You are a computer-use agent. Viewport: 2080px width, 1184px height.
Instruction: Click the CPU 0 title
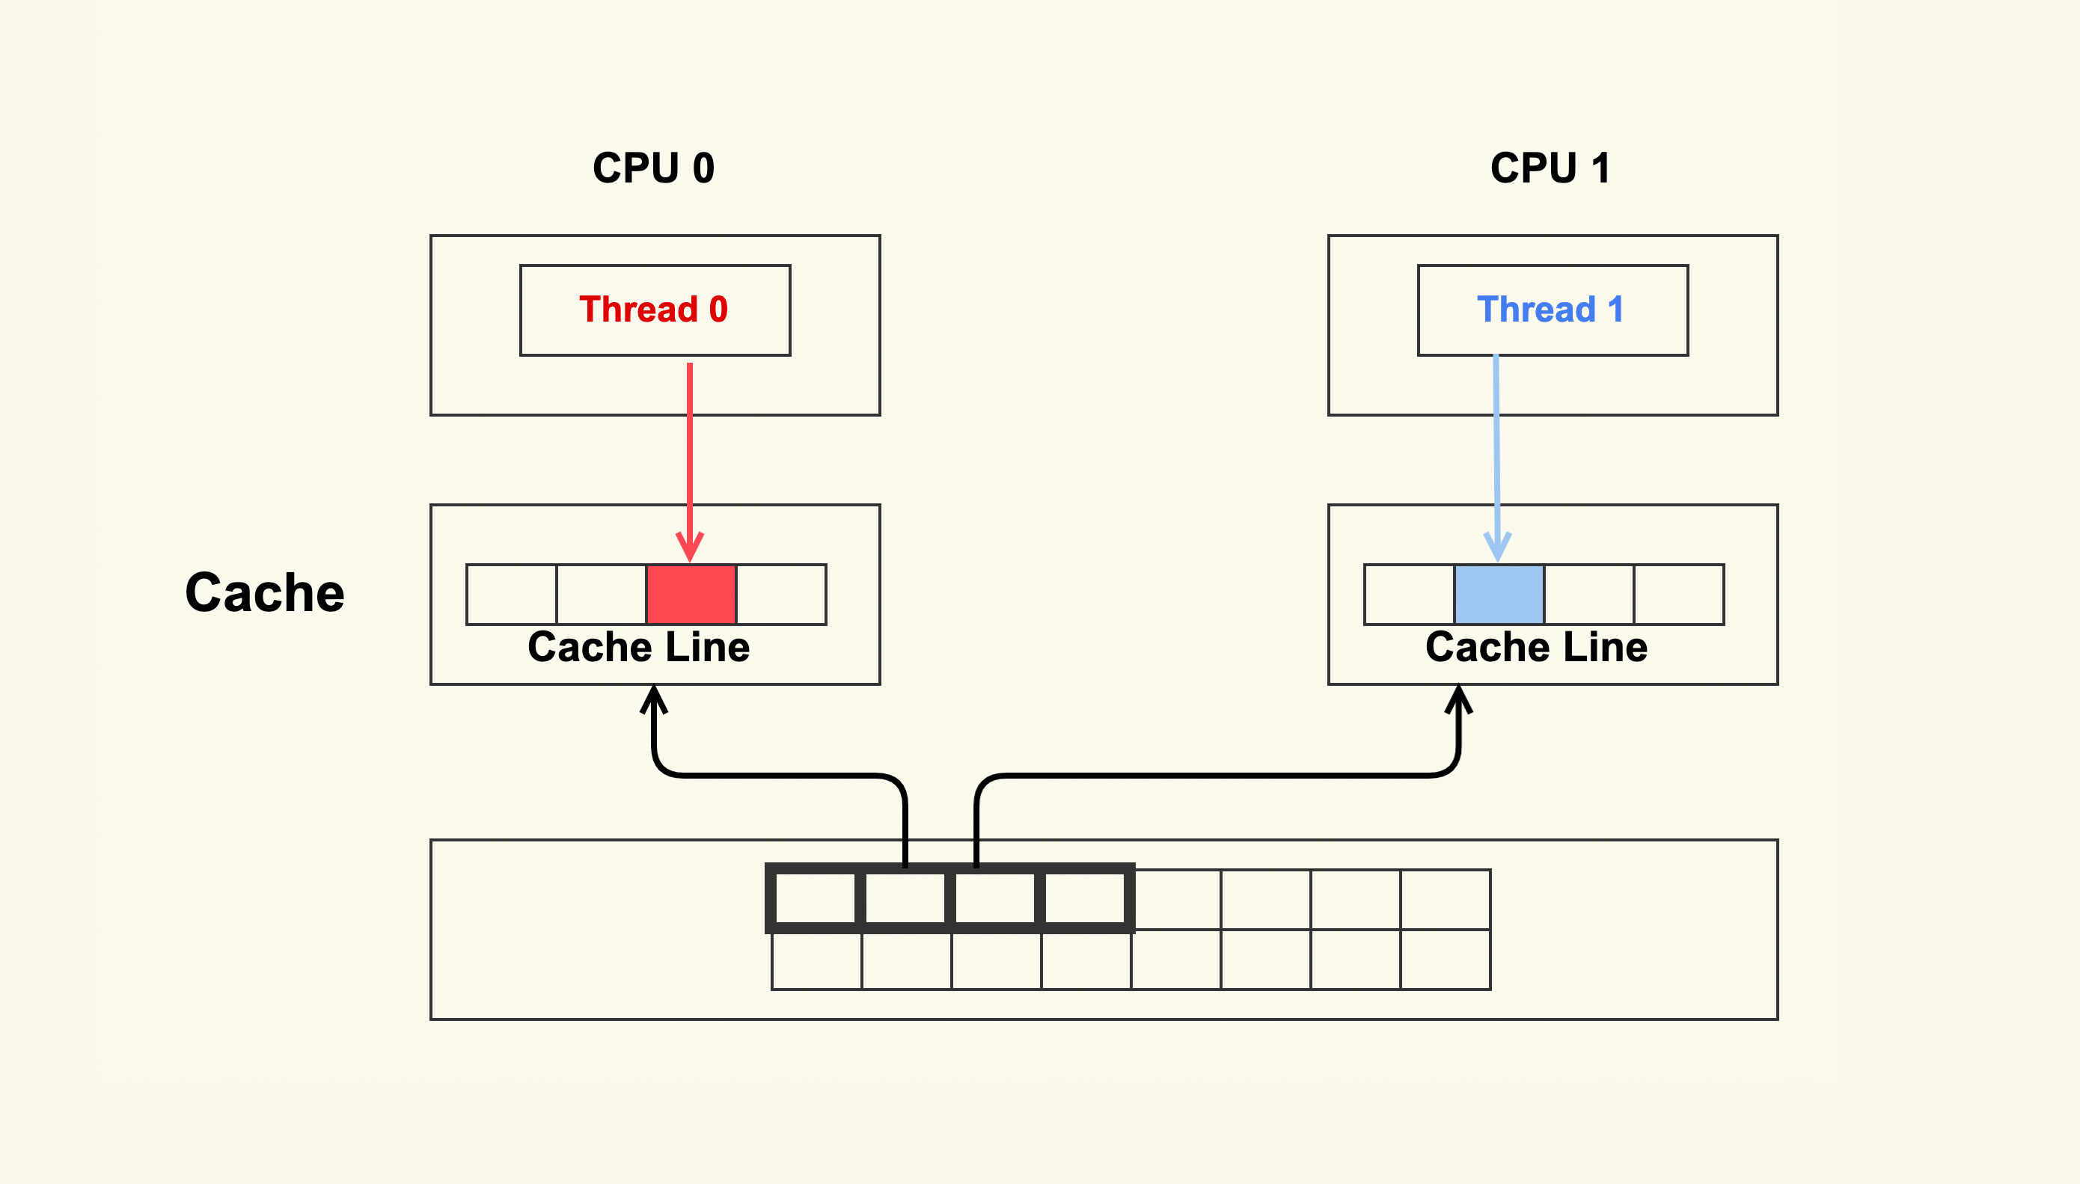(653, 168)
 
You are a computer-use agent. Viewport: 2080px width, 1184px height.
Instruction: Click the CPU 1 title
(1550, 168)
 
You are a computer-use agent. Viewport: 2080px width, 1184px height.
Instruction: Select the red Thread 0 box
(655, 310)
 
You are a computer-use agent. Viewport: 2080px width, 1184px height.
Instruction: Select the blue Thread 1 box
(1552, 310)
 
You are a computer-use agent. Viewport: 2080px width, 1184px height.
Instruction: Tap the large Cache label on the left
(264, 592)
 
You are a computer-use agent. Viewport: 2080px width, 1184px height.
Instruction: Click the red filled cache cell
(691, 595)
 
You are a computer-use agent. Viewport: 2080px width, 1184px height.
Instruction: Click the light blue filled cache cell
(1499, 595)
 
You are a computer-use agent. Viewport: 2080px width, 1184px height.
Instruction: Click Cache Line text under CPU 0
(638, 647)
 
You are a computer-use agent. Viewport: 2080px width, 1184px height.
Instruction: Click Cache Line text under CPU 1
(1536, 647)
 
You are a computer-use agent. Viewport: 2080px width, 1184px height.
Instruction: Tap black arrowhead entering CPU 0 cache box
(654, 699)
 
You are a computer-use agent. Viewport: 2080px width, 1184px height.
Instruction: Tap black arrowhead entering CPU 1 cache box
(1458, 699)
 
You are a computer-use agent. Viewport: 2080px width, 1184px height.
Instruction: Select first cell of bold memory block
(815, 898)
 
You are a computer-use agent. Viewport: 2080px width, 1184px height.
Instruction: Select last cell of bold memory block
(1084, 898)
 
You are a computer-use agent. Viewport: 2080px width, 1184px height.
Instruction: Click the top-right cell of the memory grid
(1445, 899)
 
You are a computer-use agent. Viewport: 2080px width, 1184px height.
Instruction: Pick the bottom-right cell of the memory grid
(1445, 960)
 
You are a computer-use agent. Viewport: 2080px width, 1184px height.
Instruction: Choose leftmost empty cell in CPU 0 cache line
(512, 595)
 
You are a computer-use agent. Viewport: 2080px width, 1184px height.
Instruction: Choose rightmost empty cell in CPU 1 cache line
(1678, 595)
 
